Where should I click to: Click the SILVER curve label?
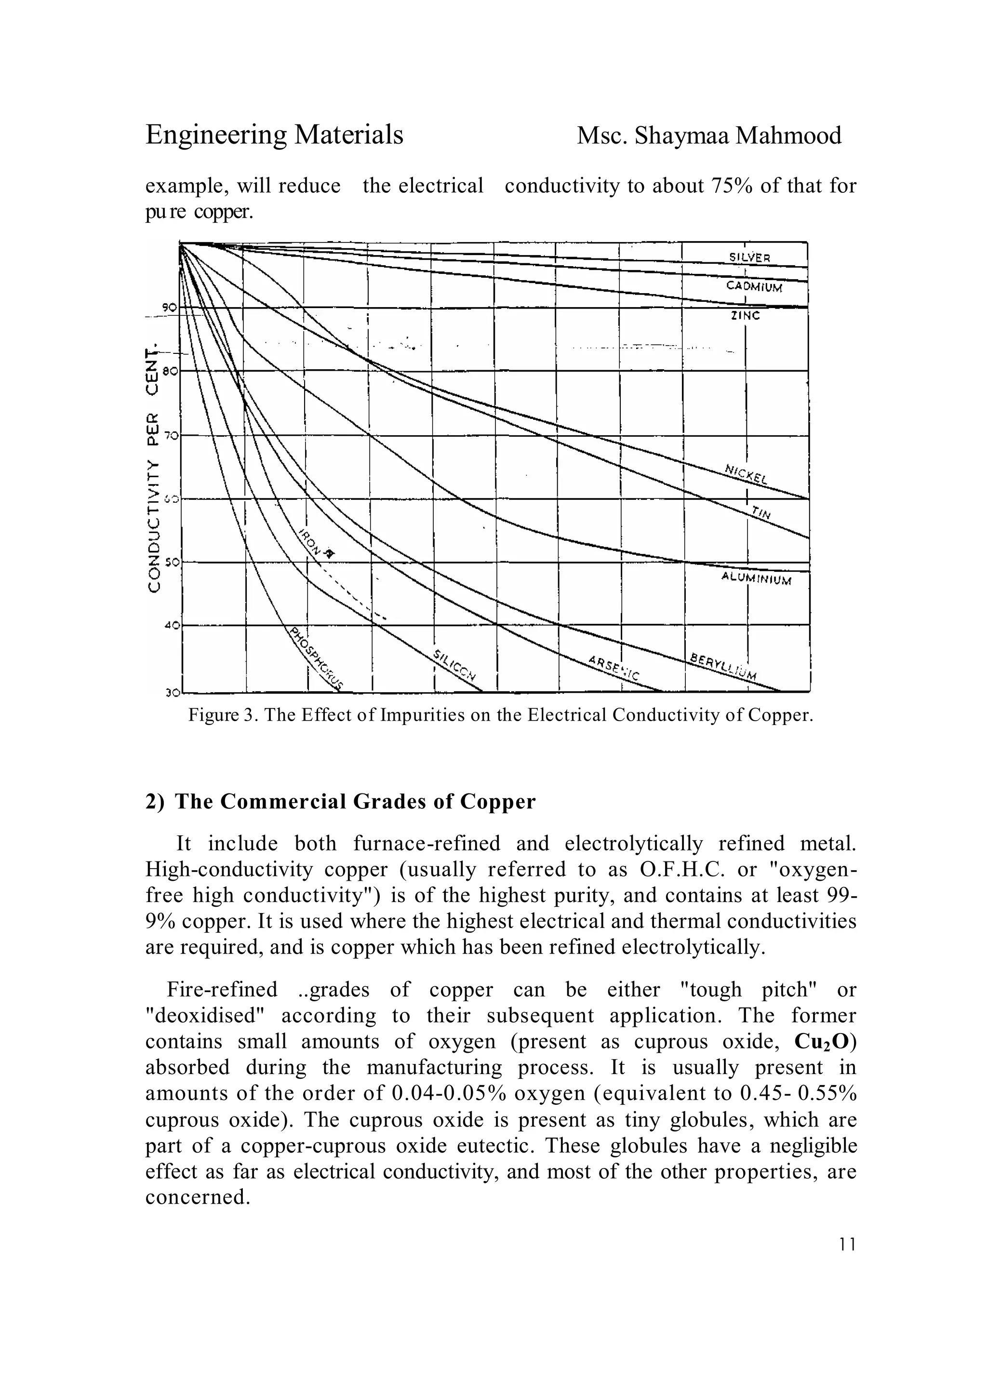(x=750, y=257)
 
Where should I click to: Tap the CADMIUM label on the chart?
(x=754, y=286)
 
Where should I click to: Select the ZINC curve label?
(x=745, y=316)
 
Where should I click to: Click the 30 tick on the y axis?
(x=170, y=692)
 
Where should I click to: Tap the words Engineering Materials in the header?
(x=274, y=135)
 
